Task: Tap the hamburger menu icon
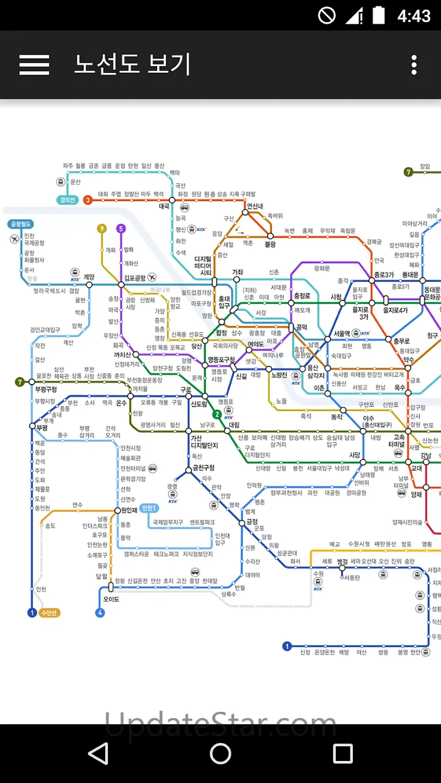pyautogui.click(x=34, y=65)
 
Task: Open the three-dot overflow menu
pyautogui.click(x=414, y=65)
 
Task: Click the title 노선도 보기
pyautogui.click(x=132, y=65)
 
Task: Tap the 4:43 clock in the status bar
pyautogui.click(x=414, y=15)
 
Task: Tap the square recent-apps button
pyautogui.click(x=343, y=753)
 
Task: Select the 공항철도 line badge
pyautogui.click(x=21, y=224)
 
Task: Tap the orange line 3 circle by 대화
pyautogui.click(x=88, y=199)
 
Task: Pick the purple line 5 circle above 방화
pyautogui.click(x=120, y=229)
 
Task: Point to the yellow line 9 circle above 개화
pyautogui.click(x=102, y=229)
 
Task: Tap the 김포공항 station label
pyautogui.click(x=135, y=278)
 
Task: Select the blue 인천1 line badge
pyautogui.click(x=149, y=508)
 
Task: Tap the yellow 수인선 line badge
pyautogui.click(x=50, y=613)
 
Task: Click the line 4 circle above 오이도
pyautogui.click(x=100, y=613)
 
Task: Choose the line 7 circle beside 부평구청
pyautogui.click(x=20, y=382)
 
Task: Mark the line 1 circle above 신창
pyautogui.click(x=287, y=647)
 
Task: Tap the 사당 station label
pyautogui.click(x=354, y=455)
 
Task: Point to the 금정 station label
pyautogui.click(x=252, y=521)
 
